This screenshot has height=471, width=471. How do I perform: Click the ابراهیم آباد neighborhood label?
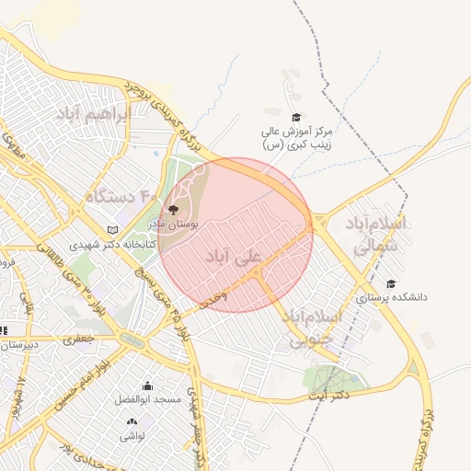pyautogui.click(x=94, y=115)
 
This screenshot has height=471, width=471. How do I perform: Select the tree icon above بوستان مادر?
pyautogui.click(x=173, y=210)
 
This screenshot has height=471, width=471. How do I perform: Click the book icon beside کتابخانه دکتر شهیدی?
pyautogui.click(x=113, y=229)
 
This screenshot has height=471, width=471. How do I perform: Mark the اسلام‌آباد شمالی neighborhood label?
pyautogui.click(x=373, y=235)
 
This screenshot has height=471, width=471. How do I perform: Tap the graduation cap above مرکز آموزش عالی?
pyautogui.click(x=295, y=117)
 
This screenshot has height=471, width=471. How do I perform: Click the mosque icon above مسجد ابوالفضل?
pyautogui.click(x=147, y=386)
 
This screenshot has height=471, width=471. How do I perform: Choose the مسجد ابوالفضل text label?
pyautogui.click(x=148, y=400)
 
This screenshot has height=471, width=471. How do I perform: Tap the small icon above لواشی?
pyautogui.click(x=132, y=422)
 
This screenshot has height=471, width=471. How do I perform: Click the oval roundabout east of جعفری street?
pyautogui.click(x=132, y=340)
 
